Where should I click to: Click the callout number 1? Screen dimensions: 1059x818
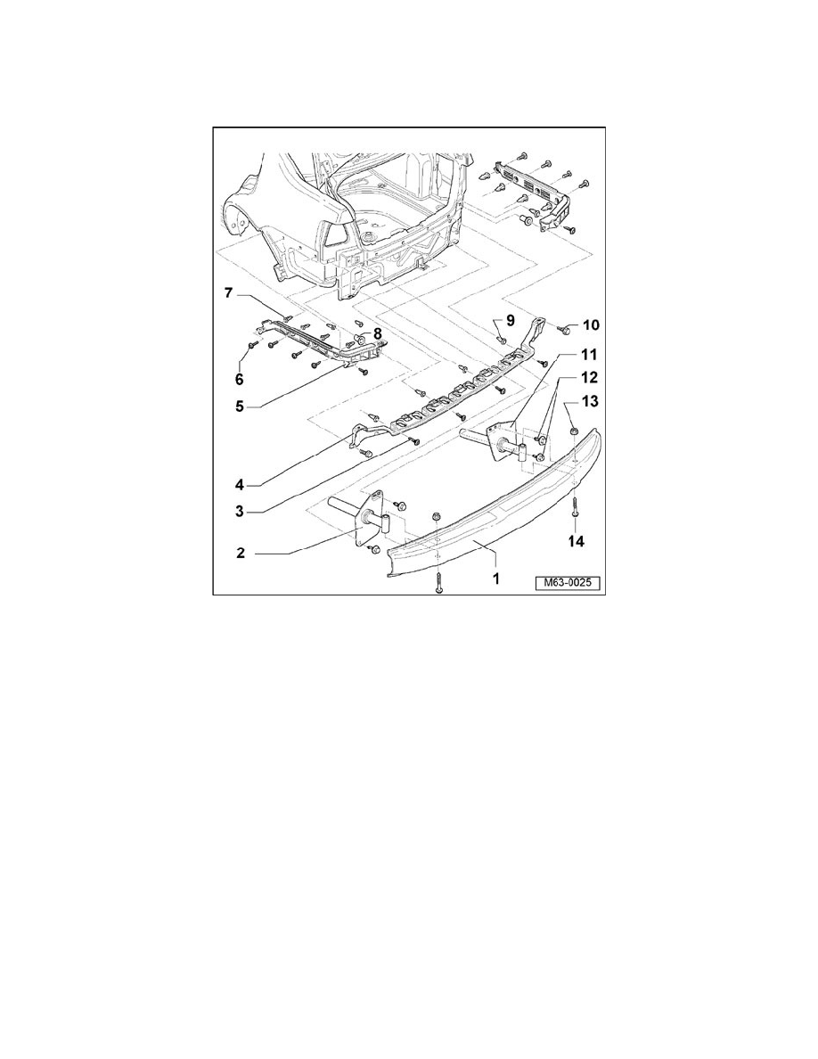tap(495, 578)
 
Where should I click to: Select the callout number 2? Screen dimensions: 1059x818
tap(241, 553)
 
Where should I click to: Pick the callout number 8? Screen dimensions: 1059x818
tap(378, 333)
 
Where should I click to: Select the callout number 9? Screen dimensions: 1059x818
tap(511, 321)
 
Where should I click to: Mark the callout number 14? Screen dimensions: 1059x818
tap(577, 542)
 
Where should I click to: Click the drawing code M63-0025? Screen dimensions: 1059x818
tap(568, 584)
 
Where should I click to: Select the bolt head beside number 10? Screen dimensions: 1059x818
tap(564, 330)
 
